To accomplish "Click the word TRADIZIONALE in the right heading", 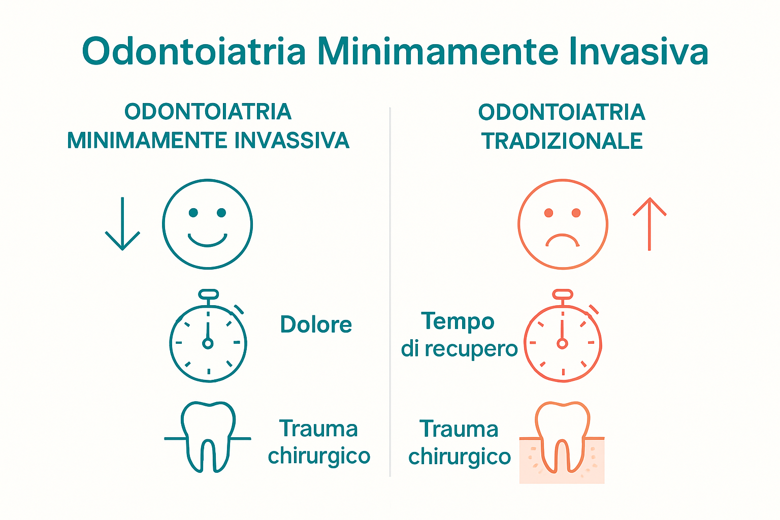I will click(562, 141).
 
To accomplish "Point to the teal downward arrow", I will click(122, 224).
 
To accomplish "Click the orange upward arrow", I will click(649, 224).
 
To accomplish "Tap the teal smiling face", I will click(207, 224).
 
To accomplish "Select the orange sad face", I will click(563, 224).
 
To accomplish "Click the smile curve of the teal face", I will click(207, 240).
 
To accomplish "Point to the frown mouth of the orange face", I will click(563, 239).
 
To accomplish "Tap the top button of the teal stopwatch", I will click(209, 294).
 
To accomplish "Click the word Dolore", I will click(316, 325).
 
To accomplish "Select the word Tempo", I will click(458, 321).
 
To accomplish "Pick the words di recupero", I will click(459, 349).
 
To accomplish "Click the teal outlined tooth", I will click(208, 437).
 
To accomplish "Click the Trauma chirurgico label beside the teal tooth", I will click(319, 442).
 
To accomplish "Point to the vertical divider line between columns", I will click(390, 292).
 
